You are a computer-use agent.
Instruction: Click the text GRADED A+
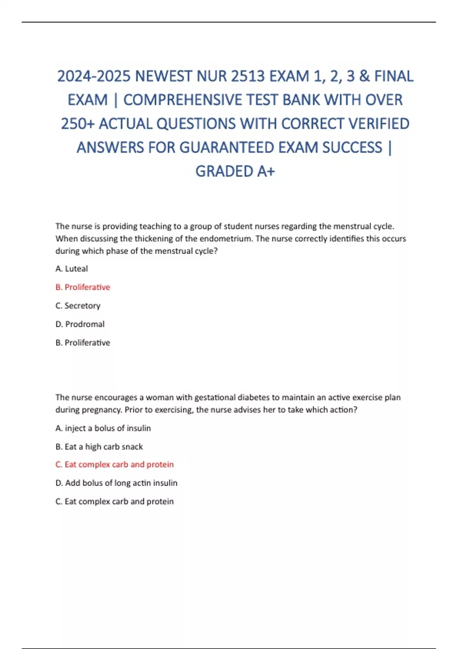[x=235, y=171]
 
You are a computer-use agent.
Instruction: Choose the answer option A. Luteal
[x=72, y=269]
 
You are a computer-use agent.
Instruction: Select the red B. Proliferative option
[x=83, y=287]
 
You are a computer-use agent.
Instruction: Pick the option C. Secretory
[x=78, y=306]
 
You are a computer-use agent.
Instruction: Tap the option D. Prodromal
[x=80, y=324]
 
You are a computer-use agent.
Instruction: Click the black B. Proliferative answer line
[x=83, y=343]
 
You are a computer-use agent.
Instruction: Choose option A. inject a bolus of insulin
[x=103, y=428]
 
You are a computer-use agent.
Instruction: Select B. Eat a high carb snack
[x=99, y=447]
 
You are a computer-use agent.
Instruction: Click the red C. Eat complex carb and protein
[x=114, y=465]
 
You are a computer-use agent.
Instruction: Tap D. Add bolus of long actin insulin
[x=116, y=483]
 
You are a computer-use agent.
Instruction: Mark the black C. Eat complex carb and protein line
[x=114, y=502]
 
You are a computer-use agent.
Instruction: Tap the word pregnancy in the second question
[x=104, y=410]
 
